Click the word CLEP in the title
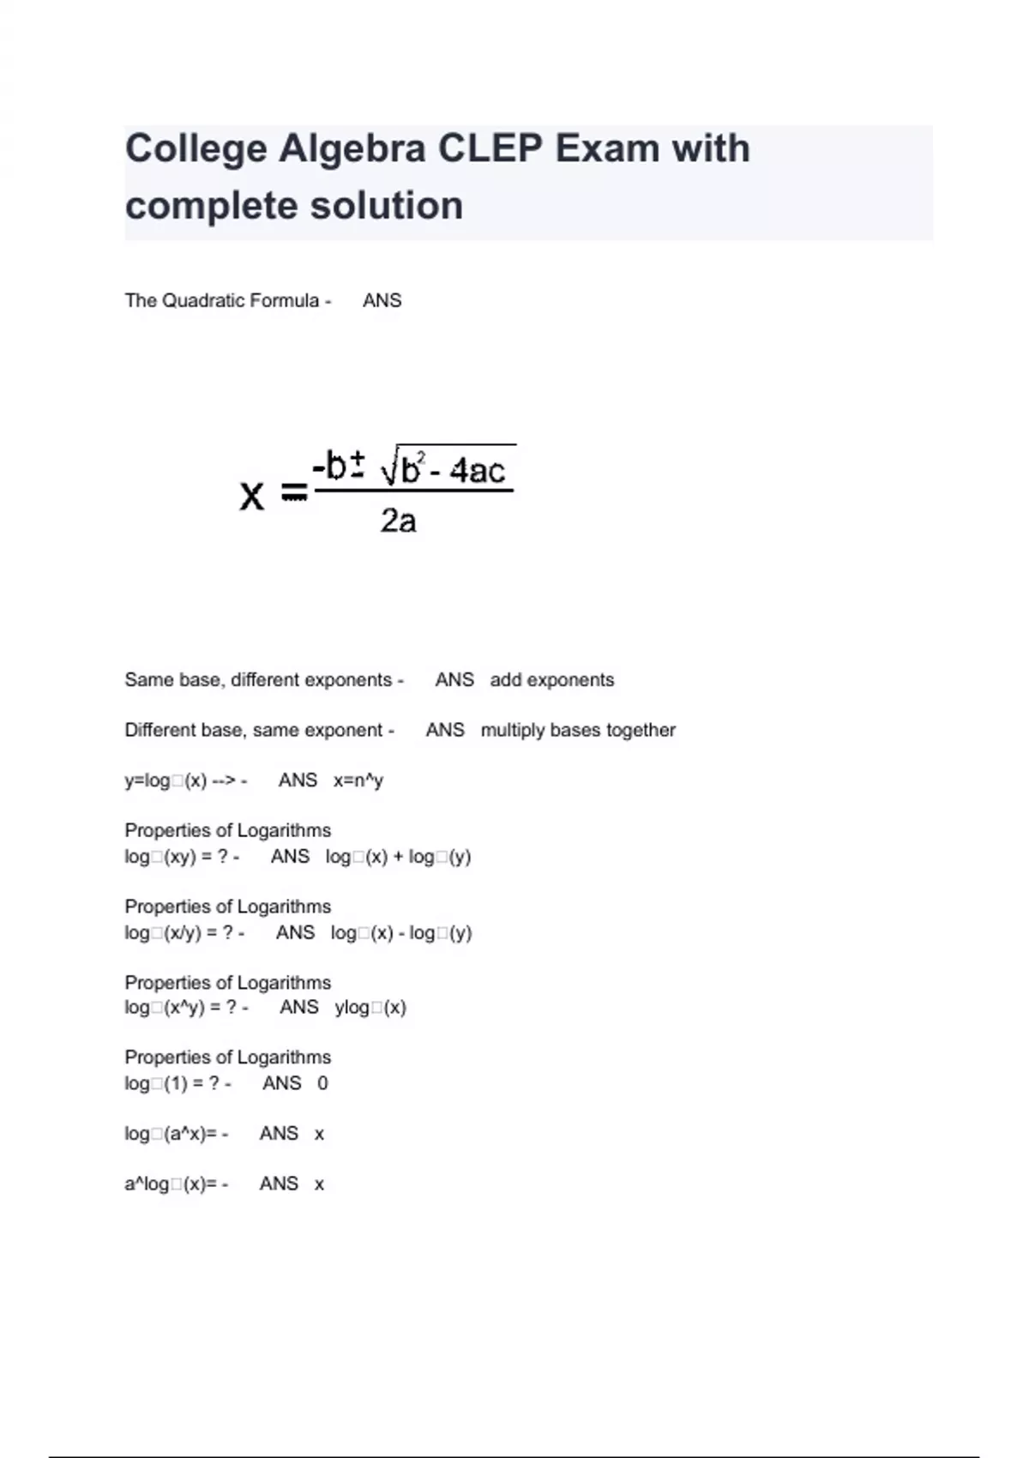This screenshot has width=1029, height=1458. click(x=490, y=148)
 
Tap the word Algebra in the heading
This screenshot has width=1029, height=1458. click(x=352, y=148)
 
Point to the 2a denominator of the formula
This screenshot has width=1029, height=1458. click(x=398, y=521)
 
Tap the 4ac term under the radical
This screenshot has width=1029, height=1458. click(x=478, y=471)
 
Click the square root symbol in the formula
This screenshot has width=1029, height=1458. click(x=389, y=468)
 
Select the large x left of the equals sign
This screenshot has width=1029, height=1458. click(x=251, y=495)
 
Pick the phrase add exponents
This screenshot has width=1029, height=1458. click(x=552, y=680)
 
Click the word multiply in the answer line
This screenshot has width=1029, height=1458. click(x=513, y=731)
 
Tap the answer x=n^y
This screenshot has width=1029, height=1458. click(x=358, y=780)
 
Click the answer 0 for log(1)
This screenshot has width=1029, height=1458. click(x=322, y=1083)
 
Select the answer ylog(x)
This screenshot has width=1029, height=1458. click(x=370, y=1008)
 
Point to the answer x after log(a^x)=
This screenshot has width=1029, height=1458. click(x=319, y=1134)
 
